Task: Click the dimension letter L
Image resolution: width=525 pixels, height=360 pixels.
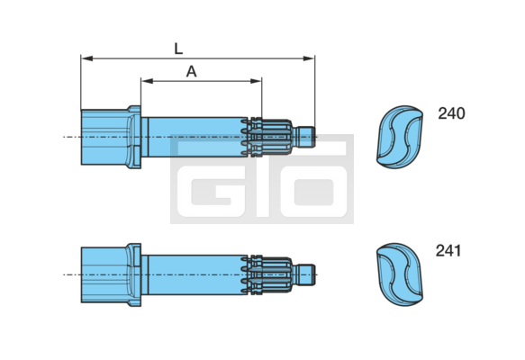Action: pyautogui.click(x=178, y=49)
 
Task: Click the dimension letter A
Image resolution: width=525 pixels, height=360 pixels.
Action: pyautogui.click(x=191, y=72)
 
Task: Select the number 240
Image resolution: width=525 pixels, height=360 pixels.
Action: pyautogui.click(x=451, y=113)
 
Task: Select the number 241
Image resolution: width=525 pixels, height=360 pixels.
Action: pyautogui.click(x=448, y=250)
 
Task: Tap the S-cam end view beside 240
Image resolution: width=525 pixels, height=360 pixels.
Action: pyautogui.click(x=400, y=137)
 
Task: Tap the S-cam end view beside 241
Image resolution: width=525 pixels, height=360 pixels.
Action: pyautogui.click(x=400, y=274)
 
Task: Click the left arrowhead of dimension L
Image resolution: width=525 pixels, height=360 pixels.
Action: pyautogui.click(x=87, y=58)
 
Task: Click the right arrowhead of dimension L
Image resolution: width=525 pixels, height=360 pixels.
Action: pyautogui.click(x=309, y=58)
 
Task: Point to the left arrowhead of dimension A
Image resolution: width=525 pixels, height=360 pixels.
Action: pyautogui.click(x=147, y=81)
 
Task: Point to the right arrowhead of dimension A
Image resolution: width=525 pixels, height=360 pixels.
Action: pyautogui.click(x=256, y=81)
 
